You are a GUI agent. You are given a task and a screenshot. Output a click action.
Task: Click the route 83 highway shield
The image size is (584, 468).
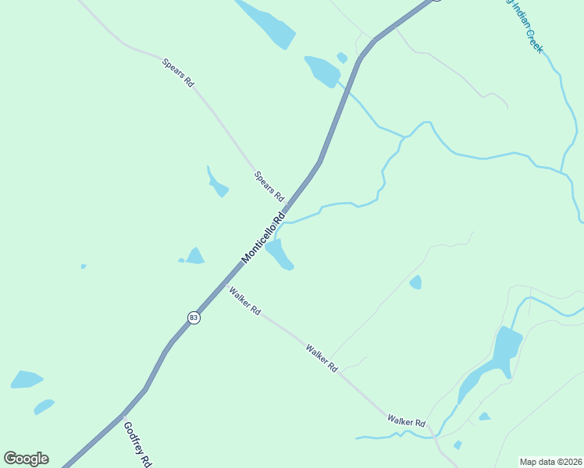point(194,317)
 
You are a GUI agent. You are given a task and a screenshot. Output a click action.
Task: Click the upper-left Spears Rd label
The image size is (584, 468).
point(178,72)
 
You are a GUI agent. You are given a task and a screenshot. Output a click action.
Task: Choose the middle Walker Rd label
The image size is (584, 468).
point(322,357)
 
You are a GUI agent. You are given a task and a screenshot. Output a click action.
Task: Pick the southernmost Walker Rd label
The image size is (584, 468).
point(406,420)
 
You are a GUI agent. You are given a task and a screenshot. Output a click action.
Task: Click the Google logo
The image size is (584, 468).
point(26,459)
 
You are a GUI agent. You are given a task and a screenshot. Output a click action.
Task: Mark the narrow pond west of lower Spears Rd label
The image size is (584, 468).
point(216,184)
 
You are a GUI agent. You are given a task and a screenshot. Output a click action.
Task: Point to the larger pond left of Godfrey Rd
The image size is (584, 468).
point(27,380)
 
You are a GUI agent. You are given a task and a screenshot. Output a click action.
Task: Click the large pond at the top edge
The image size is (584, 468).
point(267,22)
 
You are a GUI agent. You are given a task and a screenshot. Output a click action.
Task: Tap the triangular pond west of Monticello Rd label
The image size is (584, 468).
point(194,256)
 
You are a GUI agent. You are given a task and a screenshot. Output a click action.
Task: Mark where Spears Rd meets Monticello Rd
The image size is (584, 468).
point(287,202)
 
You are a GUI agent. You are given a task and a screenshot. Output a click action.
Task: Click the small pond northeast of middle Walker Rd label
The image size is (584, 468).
point(415,282)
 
